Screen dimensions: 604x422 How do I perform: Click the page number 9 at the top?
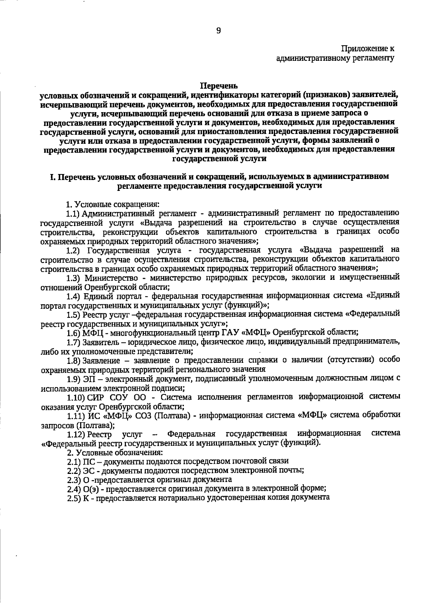(x=218, y=31)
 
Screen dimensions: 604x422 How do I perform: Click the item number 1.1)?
(x=74, y=213)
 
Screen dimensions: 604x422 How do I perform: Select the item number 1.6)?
(x=74, y=332)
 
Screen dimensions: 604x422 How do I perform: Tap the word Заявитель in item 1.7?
(x=97, y=341)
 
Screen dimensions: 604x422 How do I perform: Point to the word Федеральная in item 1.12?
(x=191, y=433)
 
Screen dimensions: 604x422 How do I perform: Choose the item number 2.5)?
(x=74, y=498)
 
